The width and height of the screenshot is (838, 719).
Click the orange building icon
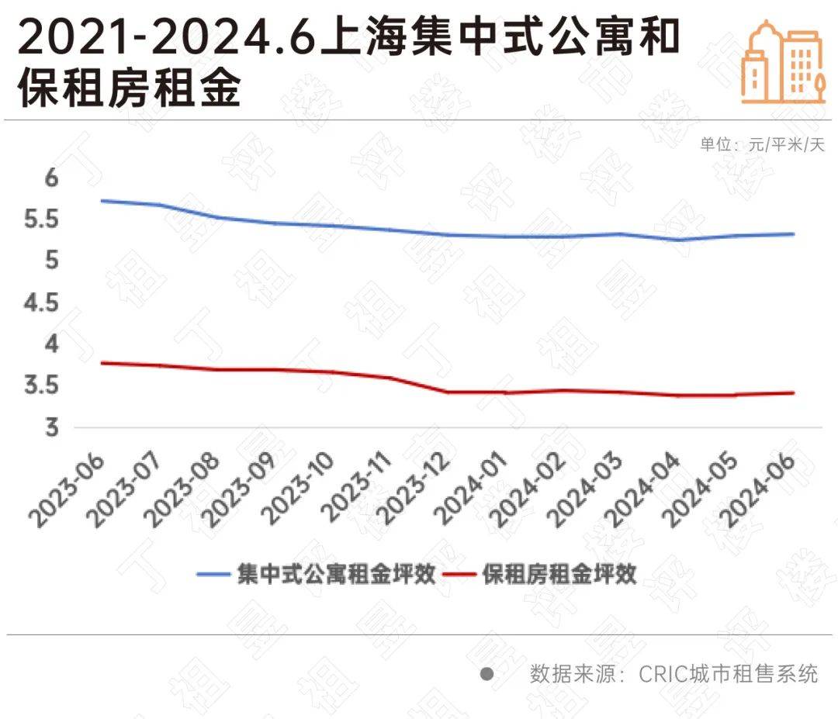pyautogui.click(x=780, y=61)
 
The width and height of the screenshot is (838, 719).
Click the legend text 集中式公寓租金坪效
pyautogui.click(x=336, y=575)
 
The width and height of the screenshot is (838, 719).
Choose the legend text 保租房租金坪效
pyautogui.click(x=559, y=575)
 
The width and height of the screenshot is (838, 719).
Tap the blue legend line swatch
pyautogui.click(x=213, y=575)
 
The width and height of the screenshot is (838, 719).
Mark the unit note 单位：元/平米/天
pyautogui.click(x=762, y=145)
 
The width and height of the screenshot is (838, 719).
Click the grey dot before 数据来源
pyautogui.click(x=487, y=673)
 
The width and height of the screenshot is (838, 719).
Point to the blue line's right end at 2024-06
pyautogui.click(x=793, y=233)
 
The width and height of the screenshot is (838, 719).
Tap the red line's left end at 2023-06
pyautogui.click(x=102, y=362)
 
